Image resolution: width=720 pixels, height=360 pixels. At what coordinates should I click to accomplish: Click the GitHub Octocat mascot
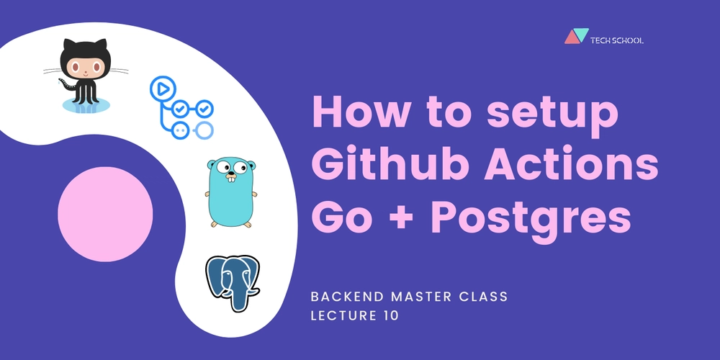click(x=86, y=76)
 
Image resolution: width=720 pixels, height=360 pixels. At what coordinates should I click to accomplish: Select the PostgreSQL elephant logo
click(x=233, y=283)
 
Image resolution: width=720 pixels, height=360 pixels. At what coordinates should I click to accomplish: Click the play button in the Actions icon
click(x=161, y=89)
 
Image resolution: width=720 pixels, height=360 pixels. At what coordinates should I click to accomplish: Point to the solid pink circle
click(x=105, y=214)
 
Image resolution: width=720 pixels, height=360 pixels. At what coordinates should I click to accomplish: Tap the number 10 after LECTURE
click(x=392, y=316)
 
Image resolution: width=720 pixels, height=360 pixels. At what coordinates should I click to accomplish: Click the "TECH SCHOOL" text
click(x=617, y=40)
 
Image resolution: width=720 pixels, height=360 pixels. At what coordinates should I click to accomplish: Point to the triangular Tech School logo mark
click(x=576, y=36)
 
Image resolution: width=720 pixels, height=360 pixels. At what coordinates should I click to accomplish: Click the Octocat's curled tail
click(x=66, y=84)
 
